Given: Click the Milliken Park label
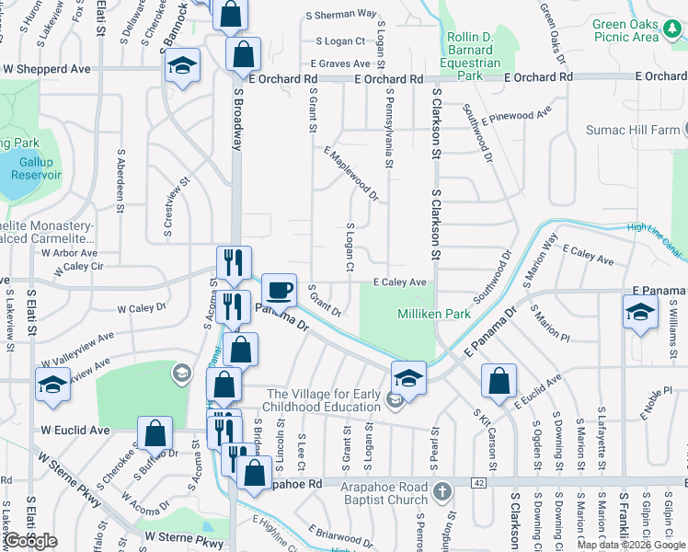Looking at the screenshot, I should tap(434, 315).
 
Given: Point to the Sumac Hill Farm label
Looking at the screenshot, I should tap(644, 132).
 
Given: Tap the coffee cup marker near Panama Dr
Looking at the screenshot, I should tap(280, 291).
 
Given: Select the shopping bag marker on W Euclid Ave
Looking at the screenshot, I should tap(155, 434).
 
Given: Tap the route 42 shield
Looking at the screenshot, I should tap(478, 482).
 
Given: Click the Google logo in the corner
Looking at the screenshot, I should tap(31, 541).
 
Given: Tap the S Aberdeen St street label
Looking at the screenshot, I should tap(120, 181).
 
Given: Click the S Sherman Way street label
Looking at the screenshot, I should tap(346, 15).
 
